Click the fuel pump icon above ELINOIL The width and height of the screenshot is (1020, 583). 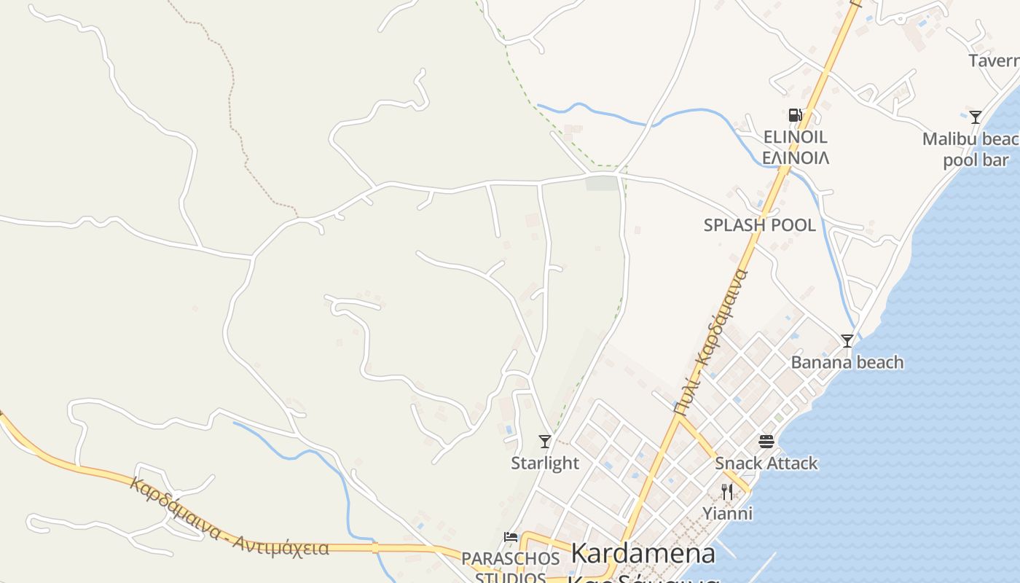coord(795,115)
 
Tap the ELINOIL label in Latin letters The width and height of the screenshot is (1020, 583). coord(795,137)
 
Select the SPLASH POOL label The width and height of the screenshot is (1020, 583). coord(759,225)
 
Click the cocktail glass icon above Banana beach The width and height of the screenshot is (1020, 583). coord(847,340)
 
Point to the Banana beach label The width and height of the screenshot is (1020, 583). coord(847,362)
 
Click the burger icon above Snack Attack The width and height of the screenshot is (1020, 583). coord(766,441)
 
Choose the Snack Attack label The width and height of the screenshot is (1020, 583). coord(766,463)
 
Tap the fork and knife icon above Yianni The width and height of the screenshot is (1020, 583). coord(726,491)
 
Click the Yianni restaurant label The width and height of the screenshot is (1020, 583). coord(727,514)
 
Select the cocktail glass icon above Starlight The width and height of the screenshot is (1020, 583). coord(544,441)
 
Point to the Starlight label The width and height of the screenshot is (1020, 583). coord(545,463)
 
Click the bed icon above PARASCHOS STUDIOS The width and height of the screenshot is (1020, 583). coord(511,537)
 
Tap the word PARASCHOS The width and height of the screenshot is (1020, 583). coord(510,559)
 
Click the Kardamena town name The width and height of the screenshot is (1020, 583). coord(643,554)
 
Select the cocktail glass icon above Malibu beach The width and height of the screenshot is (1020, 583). coord(975,117)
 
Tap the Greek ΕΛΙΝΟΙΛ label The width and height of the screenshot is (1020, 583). coord(795,157)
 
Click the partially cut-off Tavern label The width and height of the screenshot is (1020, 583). coord(994,60)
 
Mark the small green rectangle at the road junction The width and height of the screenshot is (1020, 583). coord(602,183)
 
